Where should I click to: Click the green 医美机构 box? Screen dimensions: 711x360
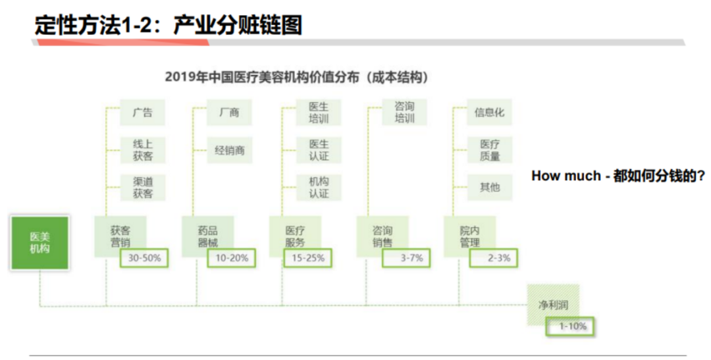pos(39,243)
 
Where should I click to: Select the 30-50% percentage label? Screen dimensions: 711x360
pos(144,258)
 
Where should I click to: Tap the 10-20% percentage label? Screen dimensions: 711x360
pos(232,258)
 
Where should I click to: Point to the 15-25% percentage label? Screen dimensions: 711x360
pos(308,258)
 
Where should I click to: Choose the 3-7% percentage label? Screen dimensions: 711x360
pos(406,258)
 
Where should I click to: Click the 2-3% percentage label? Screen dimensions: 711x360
pos(494,258)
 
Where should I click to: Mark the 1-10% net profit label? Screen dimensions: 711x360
pos(573,326)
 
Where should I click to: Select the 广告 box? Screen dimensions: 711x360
pos(142,113)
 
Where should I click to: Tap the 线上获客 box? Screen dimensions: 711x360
pos(142,150)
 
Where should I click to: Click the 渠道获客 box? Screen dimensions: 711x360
pos(142,188)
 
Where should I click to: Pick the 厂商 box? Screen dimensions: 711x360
pos(230,113)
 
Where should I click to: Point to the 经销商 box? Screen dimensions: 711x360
pos(230,150)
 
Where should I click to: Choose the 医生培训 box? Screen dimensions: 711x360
pos(318,113)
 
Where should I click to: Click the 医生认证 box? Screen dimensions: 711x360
pos(318,150)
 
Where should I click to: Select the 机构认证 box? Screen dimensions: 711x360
pos(318,188)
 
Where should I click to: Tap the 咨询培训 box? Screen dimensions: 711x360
pos(404,113)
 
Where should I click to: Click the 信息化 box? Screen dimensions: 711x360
pos(489,113)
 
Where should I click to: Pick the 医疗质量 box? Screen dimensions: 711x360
pos(489,150)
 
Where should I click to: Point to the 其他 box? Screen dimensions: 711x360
pos(489,188)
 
